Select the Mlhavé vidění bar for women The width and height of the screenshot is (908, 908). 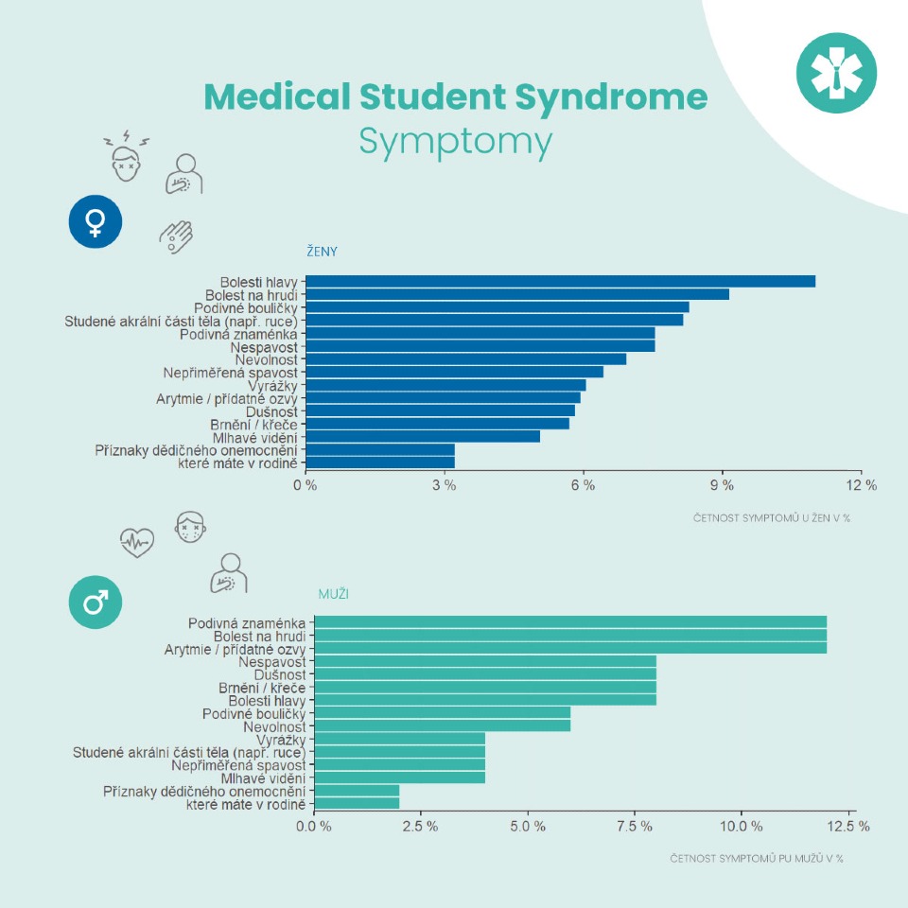pos(423,436)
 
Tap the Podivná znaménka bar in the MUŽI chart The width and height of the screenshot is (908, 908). pos(570,621)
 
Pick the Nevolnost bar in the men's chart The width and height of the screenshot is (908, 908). pos(442,725)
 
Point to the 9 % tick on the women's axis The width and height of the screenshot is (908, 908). pos(723,485)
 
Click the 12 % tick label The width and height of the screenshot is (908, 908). pos(861,485)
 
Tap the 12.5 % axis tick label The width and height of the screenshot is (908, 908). pos(849,826)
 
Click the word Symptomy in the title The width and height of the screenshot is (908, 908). pos(455,142)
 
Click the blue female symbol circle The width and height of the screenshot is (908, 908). pos(96,222)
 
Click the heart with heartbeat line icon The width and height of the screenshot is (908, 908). pos(137,543)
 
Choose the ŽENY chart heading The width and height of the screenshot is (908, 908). pos(322,252)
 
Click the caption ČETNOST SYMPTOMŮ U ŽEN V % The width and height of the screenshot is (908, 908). pos(772,517)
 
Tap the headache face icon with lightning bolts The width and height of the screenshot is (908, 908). pos(126,157)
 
